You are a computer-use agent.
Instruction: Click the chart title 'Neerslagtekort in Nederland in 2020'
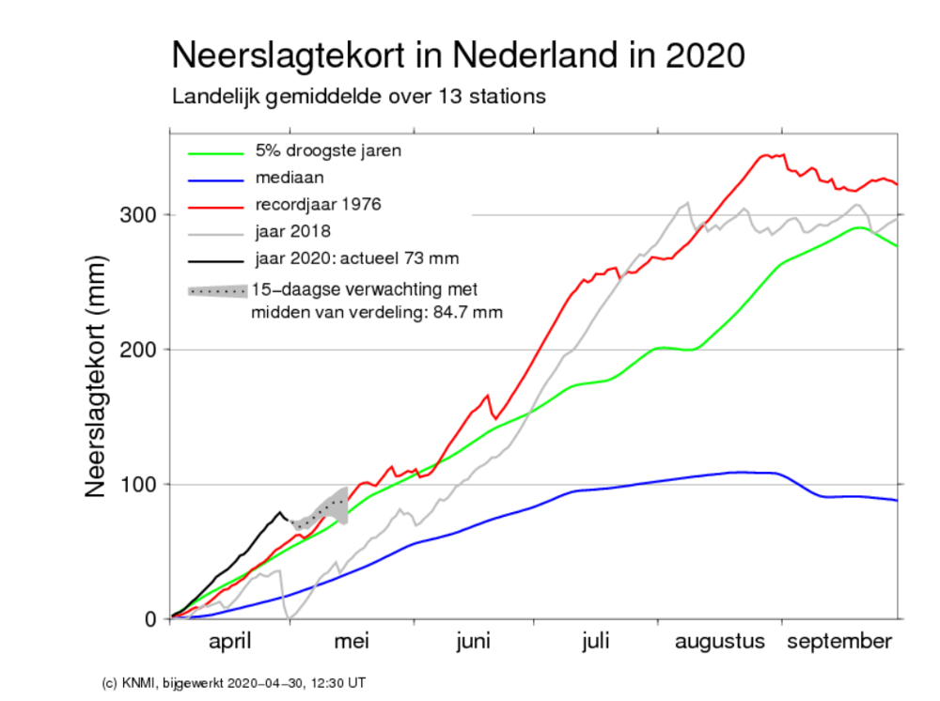pos(459,55)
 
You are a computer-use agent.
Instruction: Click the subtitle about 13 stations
pos(359,97)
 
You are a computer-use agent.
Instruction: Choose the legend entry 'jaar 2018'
pos(290,230)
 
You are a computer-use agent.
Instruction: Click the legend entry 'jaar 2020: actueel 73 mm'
pos(347,257)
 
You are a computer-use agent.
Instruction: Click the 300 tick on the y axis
pos(140,215)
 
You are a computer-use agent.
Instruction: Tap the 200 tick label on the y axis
pos(140,350)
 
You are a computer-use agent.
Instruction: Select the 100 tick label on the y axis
pos(140,485)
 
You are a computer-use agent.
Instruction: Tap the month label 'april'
pos(230,643)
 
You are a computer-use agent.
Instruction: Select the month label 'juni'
pos(473,643)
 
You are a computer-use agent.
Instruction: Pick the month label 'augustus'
pos(719,643)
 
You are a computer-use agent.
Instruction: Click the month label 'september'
pos(838,643)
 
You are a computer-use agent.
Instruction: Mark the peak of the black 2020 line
pos(280,512)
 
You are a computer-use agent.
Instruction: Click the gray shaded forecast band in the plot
pos(334,506)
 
